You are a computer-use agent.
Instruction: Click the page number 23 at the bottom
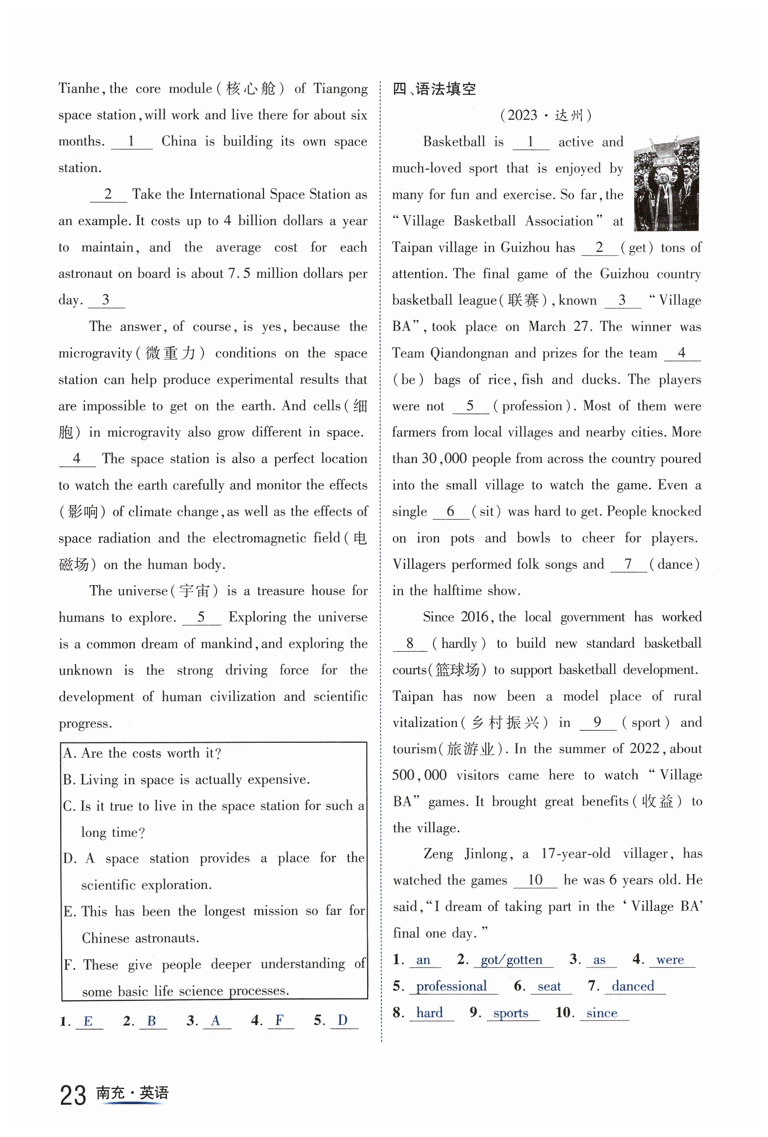pos(73,1095)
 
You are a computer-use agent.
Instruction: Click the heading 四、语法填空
pos(434,89)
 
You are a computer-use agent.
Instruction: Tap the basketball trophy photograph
pos(666,184)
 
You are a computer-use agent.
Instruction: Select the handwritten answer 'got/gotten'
pos(511,960)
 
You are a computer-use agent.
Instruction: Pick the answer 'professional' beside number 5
pos(451,986)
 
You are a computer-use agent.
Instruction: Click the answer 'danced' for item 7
pos(633,986)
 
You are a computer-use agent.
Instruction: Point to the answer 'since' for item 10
pos(602,1013)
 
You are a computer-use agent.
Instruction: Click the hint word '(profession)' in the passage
pos(532,406)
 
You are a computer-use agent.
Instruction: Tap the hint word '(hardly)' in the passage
pos(458,643)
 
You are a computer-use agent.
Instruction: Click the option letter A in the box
pos(68,754)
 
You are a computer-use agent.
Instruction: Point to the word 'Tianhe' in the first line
pos(79,88)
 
